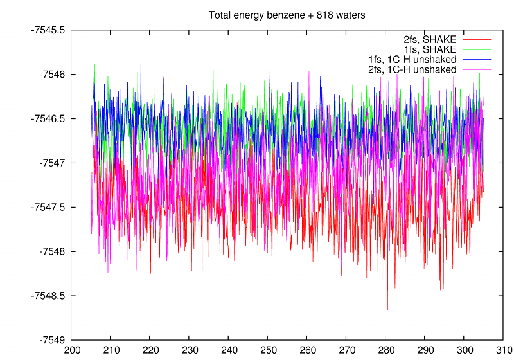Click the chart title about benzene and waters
[x=287, y=15]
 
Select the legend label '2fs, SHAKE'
[x=434, y=40]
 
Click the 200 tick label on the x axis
[x=71, y=352]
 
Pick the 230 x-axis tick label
[x=189, y=352]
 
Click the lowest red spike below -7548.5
[x=387, y=309]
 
